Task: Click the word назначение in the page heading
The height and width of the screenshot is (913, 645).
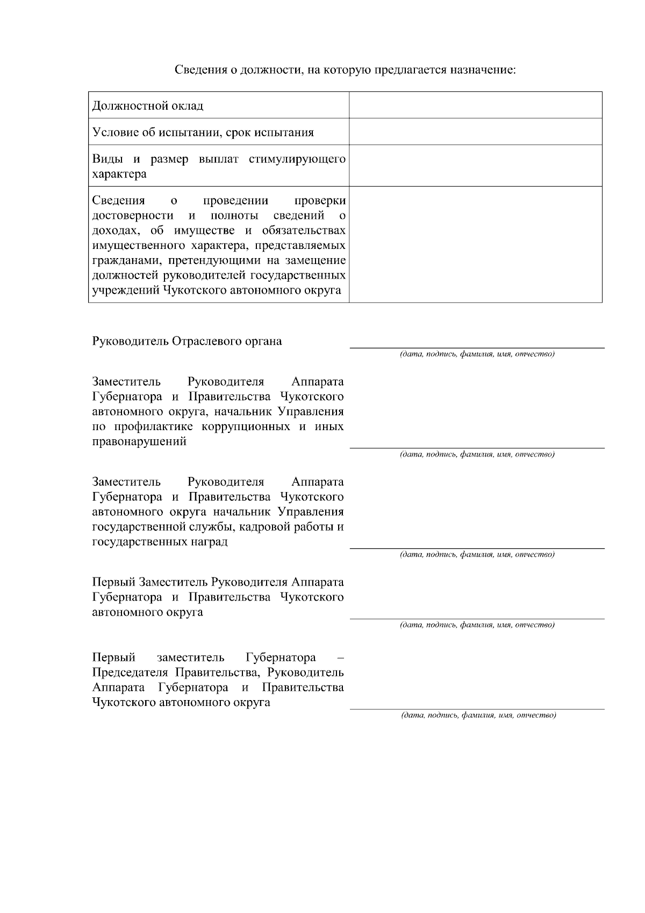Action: point(483,70)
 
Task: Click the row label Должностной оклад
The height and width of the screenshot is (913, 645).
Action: point(148,105)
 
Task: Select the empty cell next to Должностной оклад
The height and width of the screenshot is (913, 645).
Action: point(475,105)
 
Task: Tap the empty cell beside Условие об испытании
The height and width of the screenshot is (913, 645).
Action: point(475,132)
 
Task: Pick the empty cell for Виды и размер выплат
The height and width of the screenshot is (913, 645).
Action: point(475,166)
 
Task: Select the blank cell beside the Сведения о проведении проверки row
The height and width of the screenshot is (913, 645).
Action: point(475,245)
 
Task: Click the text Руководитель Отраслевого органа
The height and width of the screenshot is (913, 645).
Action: point(187,341)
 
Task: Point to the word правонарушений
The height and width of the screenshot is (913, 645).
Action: point(139,442)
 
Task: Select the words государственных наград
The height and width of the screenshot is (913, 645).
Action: point(160,542)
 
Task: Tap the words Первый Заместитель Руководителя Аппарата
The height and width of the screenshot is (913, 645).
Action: point(218,582)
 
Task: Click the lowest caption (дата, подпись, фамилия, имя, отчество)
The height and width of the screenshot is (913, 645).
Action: point(478,715)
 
